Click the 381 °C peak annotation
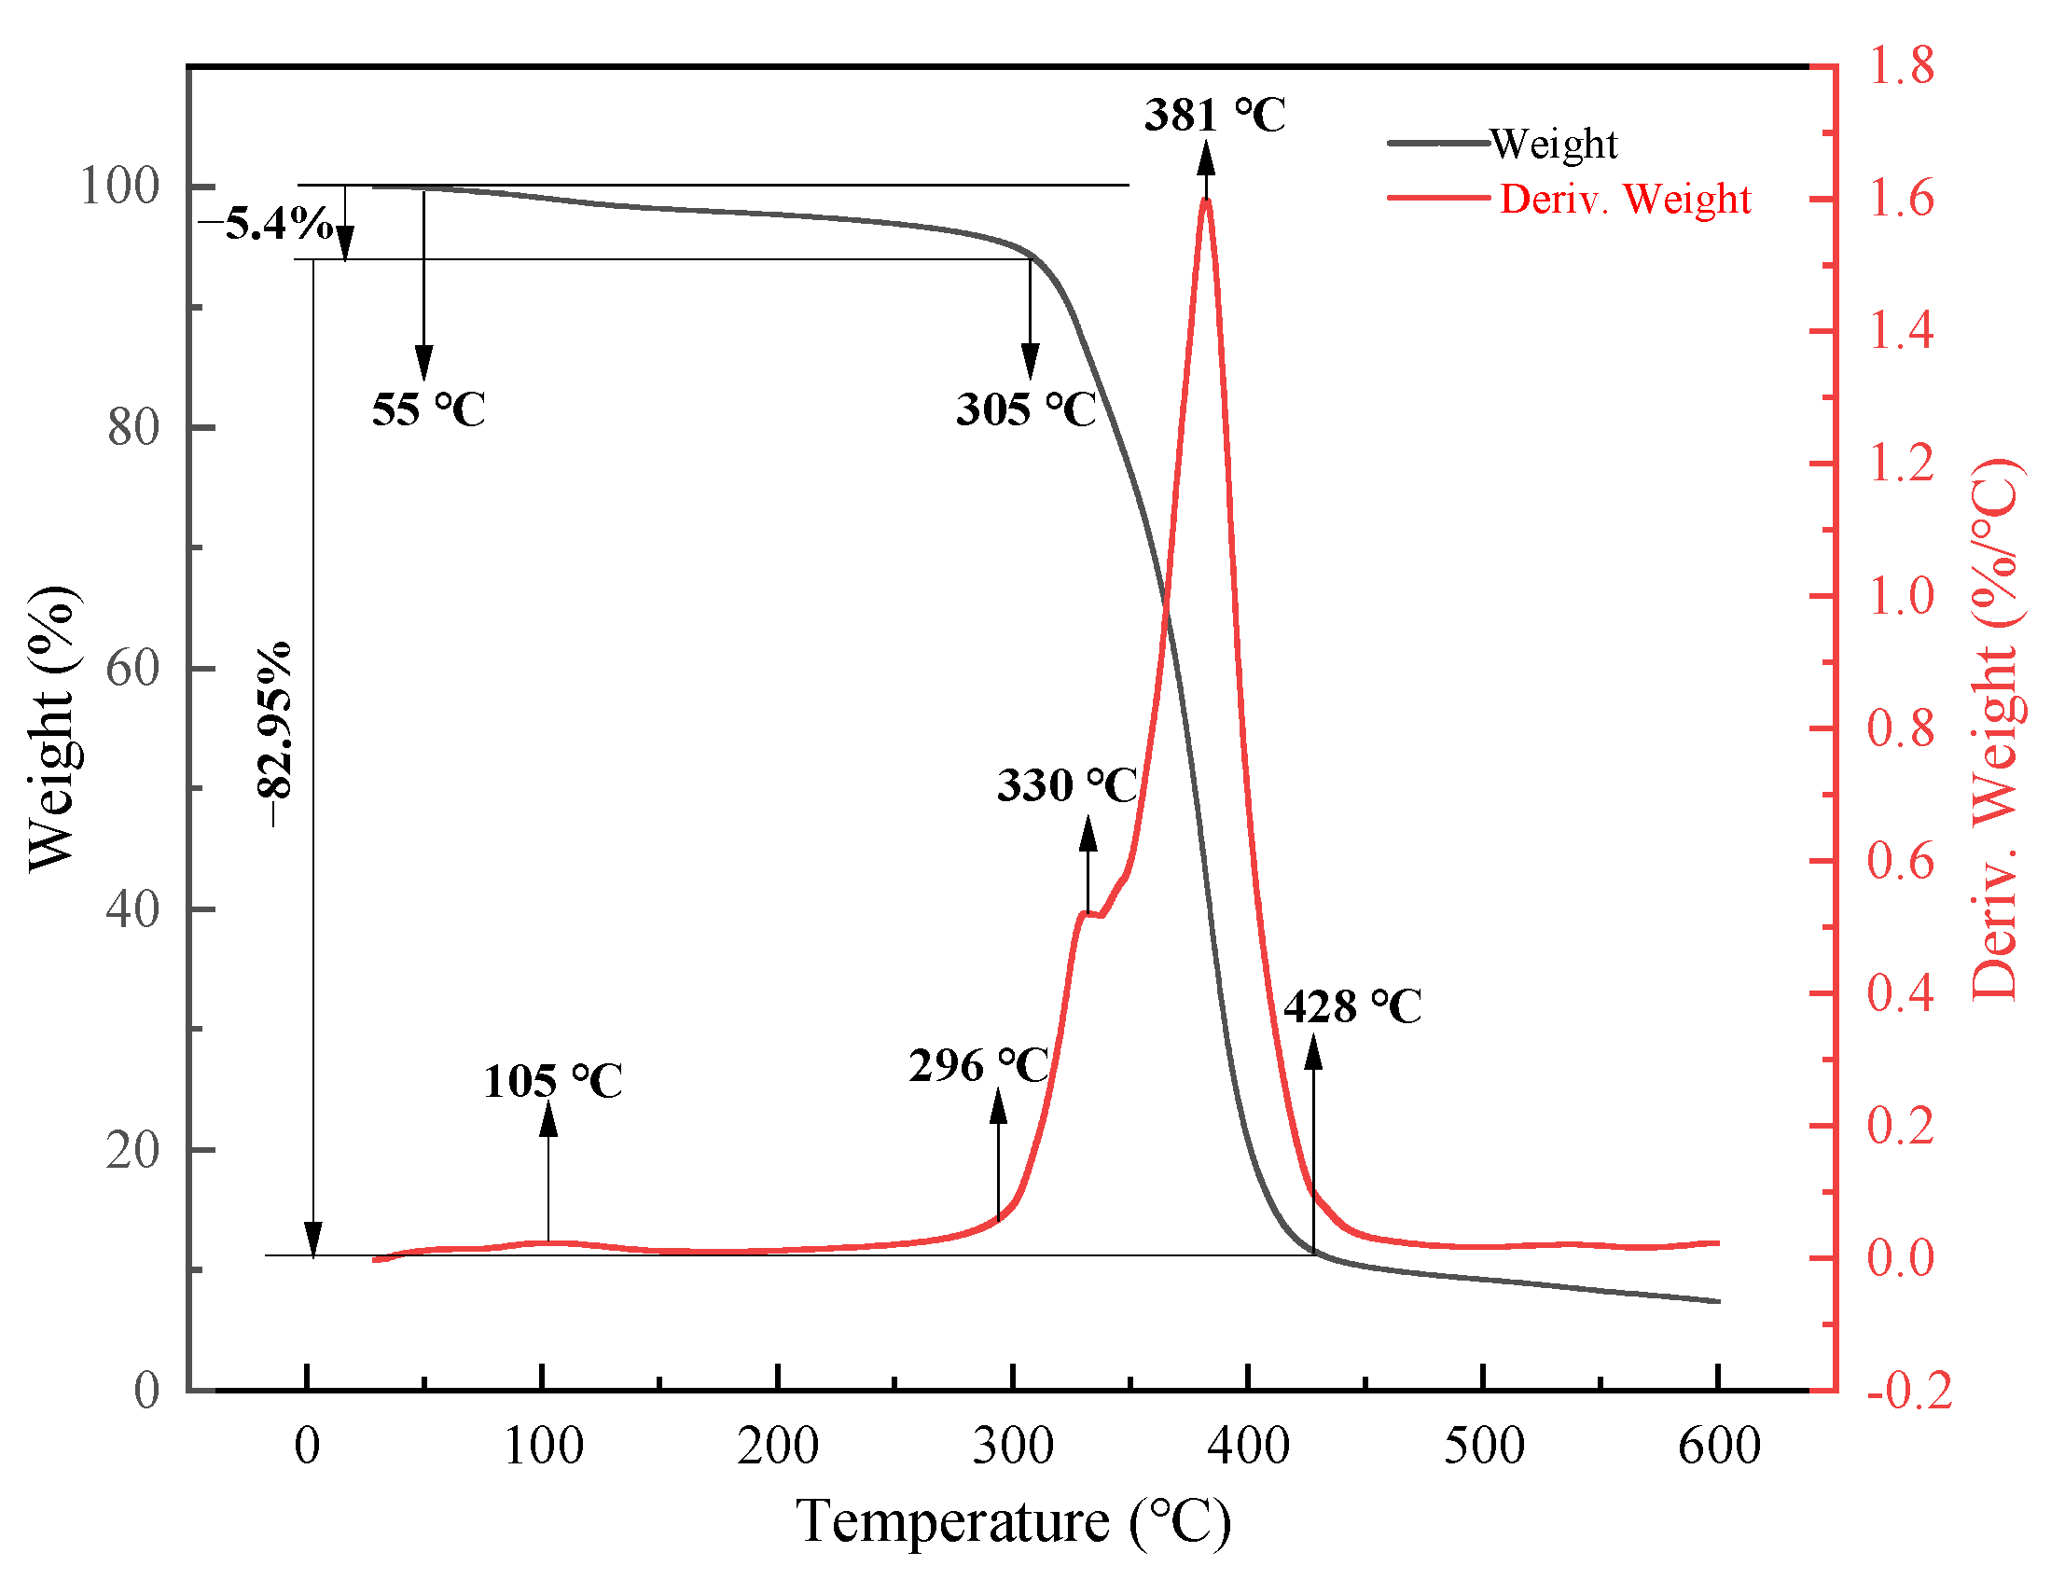(x=1214, y=116)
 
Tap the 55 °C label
(x=428, y=410)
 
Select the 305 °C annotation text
(x=1026, y=410)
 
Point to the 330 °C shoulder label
(x=1067, y=785)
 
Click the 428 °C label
(x=1352, y=1007)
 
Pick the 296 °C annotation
(x=978, y=1066)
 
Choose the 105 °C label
(x=552, y=1081)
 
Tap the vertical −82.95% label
(x=274, y=735)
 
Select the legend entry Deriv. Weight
(x=1625, y=200)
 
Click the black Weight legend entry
(x=1552, y=144)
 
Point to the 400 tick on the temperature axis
(x=1248, y=1446)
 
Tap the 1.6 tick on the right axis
(x=1900, y=200)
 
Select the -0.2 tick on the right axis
(x=1909, y=1391)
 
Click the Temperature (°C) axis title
(x=1012, y=1521)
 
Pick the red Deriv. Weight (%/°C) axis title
(x=1995, y=731)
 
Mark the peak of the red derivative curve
(x=1207, y=201)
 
